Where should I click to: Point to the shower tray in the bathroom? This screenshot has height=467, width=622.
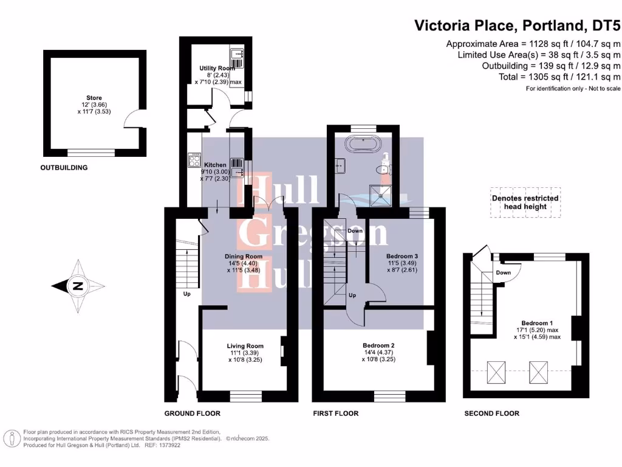(x=383, y=194)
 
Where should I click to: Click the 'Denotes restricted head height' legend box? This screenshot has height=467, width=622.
(x=525, y=202)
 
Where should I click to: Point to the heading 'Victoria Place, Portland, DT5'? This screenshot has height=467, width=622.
(x=517, y=26)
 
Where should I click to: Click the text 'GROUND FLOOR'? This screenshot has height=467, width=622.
(x=192, y=413)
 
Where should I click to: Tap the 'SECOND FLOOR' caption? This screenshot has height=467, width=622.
(x=491, y=413)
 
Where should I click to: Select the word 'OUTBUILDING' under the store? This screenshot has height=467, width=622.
(x=64, y=168)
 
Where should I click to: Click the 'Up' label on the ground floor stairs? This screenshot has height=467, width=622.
(x=187, y=294)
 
